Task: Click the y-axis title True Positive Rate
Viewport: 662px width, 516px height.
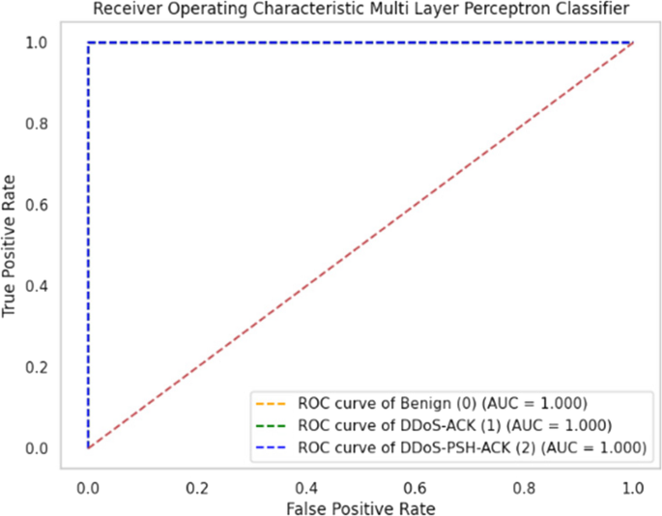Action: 14,244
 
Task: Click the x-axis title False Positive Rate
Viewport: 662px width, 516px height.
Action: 360,505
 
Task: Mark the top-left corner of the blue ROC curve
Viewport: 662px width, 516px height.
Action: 88,43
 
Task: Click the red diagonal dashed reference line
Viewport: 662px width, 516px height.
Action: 360,244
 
